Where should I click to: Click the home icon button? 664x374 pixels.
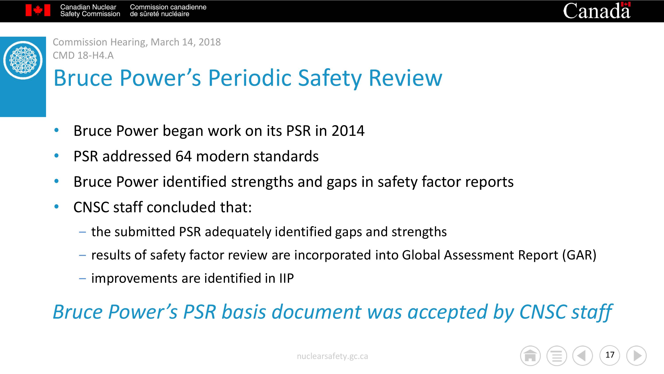tap(530, 356)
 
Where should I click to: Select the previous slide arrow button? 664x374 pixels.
tap(583, 356)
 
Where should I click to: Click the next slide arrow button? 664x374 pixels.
tap(636, 356)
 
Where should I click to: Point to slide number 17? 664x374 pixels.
tap(610, 355)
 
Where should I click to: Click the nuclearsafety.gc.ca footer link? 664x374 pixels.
tap(332, 356)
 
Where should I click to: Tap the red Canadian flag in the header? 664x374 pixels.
tap(38, 10)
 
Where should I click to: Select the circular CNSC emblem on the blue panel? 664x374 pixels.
tap(23, 60)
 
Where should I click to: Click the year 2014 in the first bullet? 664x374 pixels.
tap(348, 131)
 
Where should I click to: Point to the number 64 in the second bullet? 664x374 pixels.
tap(183, 156)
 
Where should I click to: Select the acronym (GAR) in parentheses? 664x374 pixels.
tap(579, 255)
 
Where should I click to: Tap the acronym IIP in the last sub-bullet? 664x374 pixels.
tap(286, 278)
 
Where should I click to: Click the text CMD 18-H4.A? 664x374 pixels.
tap(83, 55)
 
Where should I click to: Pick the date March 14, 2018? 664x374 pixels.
tap(186, 42)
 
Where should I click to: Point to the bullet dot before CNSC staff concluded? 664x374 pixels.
tap(56, 206)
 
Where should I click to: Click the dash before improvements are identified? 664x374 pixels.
tap(83, 279)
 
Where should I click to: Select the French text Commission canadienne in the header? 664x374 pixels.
tap(168, 7)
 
